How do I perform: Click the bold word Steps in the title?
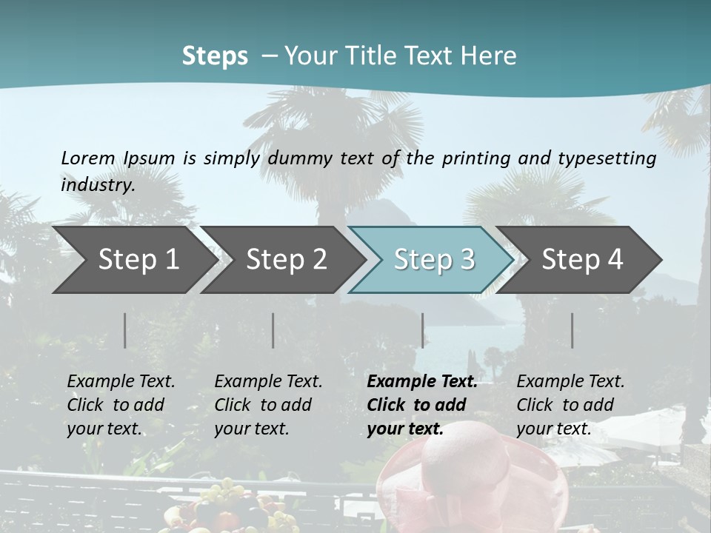(x=215, y=56)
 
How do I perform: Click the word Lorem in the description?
(x=88, y=158)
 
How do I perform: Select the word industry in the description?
(x=98, y=184)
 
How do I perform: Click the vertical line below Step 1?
(x=125, y=330)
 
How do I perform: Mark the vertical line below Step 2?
(x=273, y=330)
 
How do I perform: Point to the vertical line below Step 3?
(x=422, y=330)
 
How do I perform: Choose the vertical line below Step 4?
(x=572, y=330)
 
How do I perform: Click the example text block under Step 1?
(x=121, y=405)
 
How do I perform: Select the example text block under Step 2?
(x=268, y=405)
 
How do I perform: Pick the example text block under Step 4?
(x=570, y=405)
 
